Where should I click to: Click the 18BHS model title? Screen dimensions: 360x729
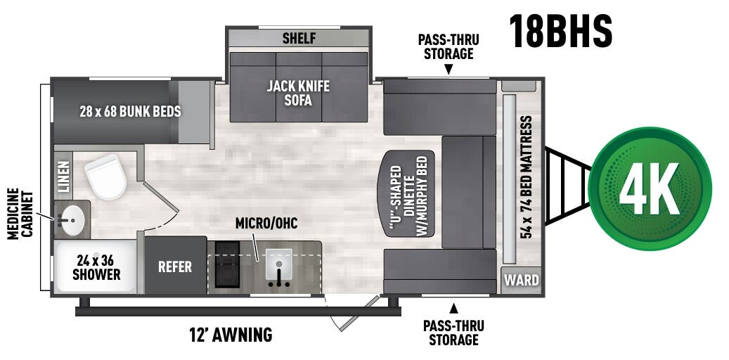pyautogui.click(x=560, y=31)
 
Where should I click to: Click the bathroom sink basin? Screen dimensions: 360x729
pyautogui.click(x=70, y=219)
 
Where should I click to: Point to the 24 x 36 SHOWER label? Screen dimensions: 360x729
pyautogui.click(x=96, y=266)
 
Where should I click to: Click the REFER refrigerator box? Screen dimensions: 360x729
pyautogui.click(x=175, y=266)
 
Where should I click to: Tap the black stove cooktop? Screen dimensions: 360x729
pyautogui.click(x=226, y=264)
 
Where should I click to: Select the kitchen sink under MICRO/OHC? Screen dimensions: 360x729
pyautogui.click(x=279, y=267)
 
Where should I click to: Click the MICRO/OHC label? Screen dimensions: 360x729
pyautogui.click(x=266, y=224)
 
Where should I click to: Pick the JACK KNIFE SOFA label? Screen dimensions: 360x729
pyautogui.click(x=298, y=93)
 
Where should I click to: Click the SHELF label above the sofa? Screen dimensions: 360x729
pyautogui.click(x=299, y=38)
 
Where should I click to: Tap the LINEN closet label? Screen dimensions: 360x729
pyautogui.click(x=63, y=176)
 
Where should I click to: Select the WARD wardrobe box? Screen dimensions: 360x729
pyautogui.click(x=522, y=281)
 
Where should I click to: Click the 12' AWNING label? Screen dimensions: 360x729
pyautogui.click(x=231, y=335)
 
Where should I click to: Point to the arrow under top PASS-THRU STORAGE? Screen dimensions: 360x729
pyautogui.click(x=448, y=69)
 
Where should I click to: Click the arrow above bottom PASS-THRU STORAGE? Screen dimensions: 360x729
pyautogui.click(x=453, y=307)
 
